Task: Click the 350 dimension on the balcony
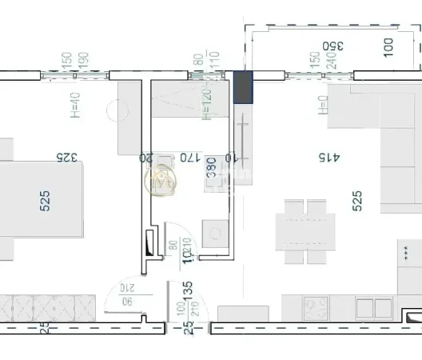click(x=332, y=46)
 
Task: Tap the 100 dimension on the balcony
click(x=388, y=46)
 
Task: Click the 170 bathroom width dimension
click(x=187, y=158)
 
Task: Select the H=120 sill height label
click(x=206, y=104)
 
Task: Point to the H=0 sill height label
click(x=324, y=105)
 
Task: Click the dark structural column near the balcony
click(x=243, y=87)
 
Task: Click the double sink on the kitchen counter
click(x=373, y=308)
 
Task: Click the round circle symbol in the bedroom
click(x=118, y=111)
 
